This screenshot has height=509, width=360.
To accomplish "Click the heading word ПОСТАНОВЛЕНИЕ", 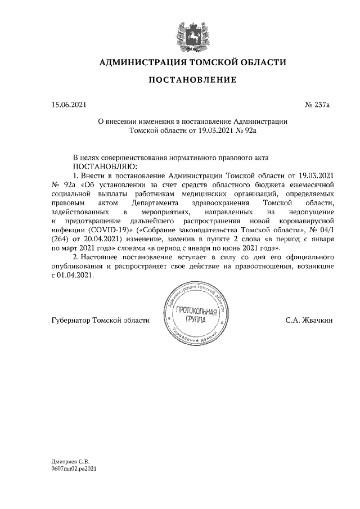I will coord(192,80).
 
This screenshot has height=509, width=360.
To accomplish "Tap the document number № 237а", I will coord(316,105).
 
